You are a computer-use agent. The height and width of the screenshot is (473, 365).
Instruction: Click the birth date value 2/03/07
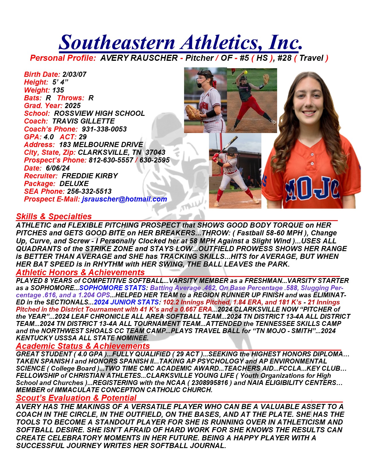pos(74,75)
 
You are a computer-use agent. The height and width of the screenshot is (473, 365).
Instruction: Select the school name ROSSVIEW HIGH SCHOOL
pos(99,114)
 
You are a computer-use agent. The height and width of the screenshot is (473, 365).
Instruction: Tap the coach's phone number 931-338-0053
pos(104,129)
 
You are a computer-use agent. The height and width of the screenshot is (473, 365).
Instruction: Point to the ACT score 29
pos(83,137)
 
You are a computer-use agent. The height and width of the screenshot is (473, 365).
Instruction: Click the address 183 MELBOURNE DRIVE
pos(101,145)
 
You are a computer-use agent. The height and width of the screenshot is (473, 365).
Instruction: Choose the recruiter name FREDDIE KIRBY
pos(90,176)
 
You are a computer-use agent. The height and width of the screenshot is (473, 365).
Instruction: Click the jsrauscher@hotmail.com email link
pos(124,199)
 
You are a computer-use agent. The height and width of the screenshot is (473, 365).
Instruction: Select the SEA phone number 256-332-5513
pos(89,191)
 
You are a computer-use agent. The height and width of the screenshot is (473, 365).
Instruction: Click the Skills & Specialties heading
pos(54,216)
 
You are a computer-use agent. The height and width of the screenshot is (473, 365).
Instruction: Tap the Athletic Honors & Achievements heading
pos(80,272)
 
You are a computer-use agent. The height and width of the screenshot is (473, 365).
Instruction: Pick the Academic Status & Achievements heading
pos(83,346)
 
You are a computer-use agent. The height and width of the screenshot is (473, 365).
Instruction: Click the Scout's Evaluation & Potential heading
pos(76,398)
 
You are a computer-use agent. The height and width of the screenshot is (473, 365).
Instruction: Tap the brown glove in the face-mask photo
pos(192,112)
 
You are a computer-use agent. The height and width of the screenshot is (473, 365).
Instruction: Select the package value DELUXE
pos(74,184)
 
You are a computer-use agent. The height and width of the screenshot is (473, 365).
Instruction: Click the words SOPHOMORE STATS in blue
pos(112,288)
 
